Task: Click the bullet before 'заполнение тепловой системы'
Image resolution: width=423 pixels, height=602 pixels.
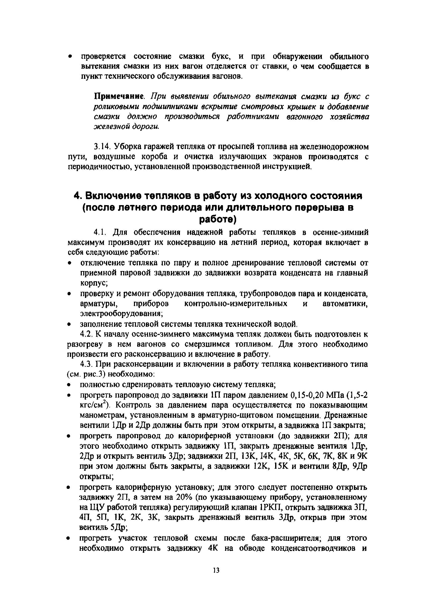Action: pyautogui.click(x=69, y=324)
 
